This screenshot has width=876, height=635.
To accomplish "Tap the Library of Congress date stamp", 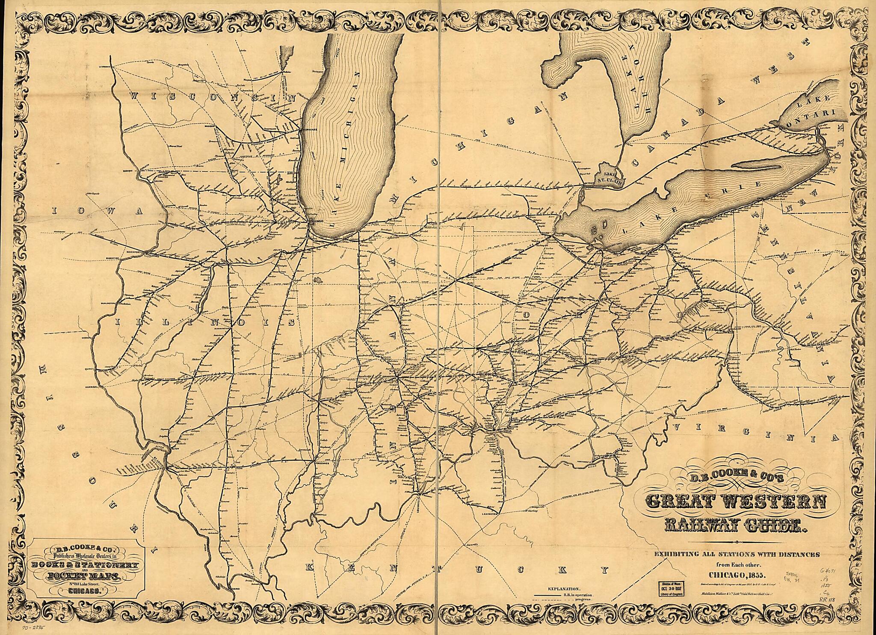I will pos(673,589).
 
